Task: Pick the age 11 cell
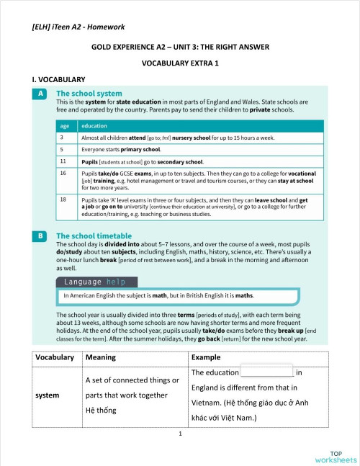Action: [64, 161]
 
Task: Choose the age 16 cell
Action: [64, 174]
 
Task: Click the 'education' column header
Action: [94, 125]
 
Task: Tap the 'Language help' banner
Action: [96, 282]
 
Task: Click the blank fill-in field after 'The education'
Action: [267, 372]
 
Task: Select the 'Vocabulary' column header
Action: [54, 357]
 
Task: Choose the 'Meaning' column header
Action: [100, 357]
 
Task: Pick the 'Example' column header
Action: [207, 357]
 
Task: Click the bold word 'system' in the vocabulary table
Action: [48, 395]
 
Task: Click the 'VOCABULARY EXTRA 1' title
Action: [180, 63]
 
